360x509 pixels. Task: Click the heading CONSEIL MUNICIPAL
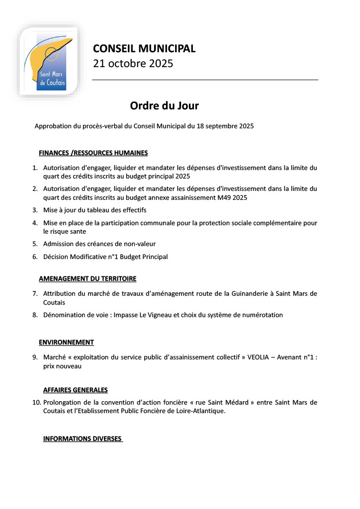tap(144, 49)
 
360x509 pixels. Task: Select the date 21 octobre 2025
tap(133, 64)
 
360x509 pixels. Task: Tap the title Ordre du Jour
tap(164, 106)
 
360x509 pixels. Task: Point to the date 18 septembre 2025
tap(225, 126)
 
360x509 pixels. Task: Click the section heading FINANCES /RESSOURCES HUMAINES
tap(93, 153)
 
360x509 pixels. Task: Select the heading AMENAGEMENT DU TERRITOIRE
tap(88, 279)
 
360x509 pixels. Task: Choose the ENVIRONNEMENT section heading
tap(66, 342)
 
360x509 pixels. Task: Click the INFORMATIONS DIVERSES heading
tap(83, 439)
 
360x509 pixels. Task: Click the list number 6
tap(35, 257)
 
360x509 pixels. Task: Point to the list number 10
tap(36, 402)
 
